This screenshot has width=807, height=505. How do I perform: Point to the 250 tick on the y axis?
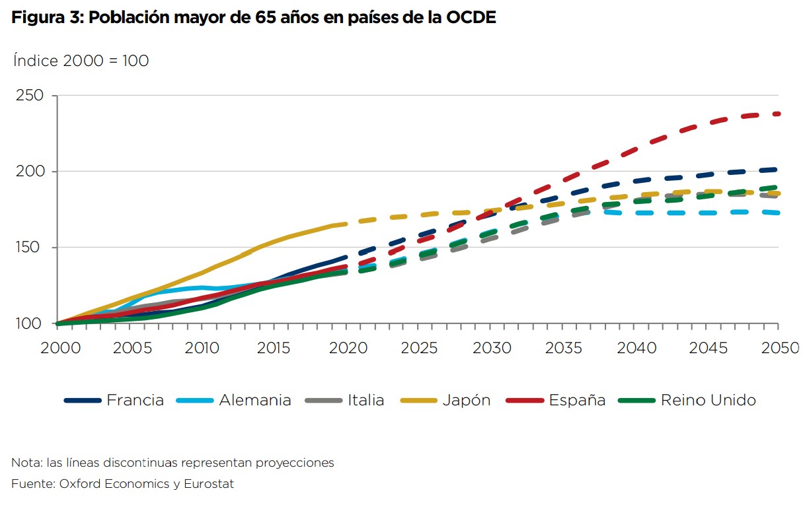[30, 96]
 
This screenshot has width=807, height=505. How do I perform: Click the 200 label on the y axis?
[30, 172]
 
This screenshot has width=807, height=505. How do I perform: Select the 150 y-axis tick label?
[30, 248]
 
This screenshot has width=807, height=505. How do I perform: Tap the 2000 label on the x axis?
[58, 348]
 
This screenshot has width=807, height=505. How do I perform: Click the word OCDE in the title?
[471, 18]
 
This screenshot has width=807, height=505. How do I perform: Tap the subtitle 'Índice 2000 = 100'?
[81, 61]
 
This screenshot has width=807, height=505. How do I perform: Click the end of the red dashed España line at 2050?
[777, 114]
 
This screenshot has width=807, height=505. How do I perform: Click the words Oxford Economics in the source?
[114, 484]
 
